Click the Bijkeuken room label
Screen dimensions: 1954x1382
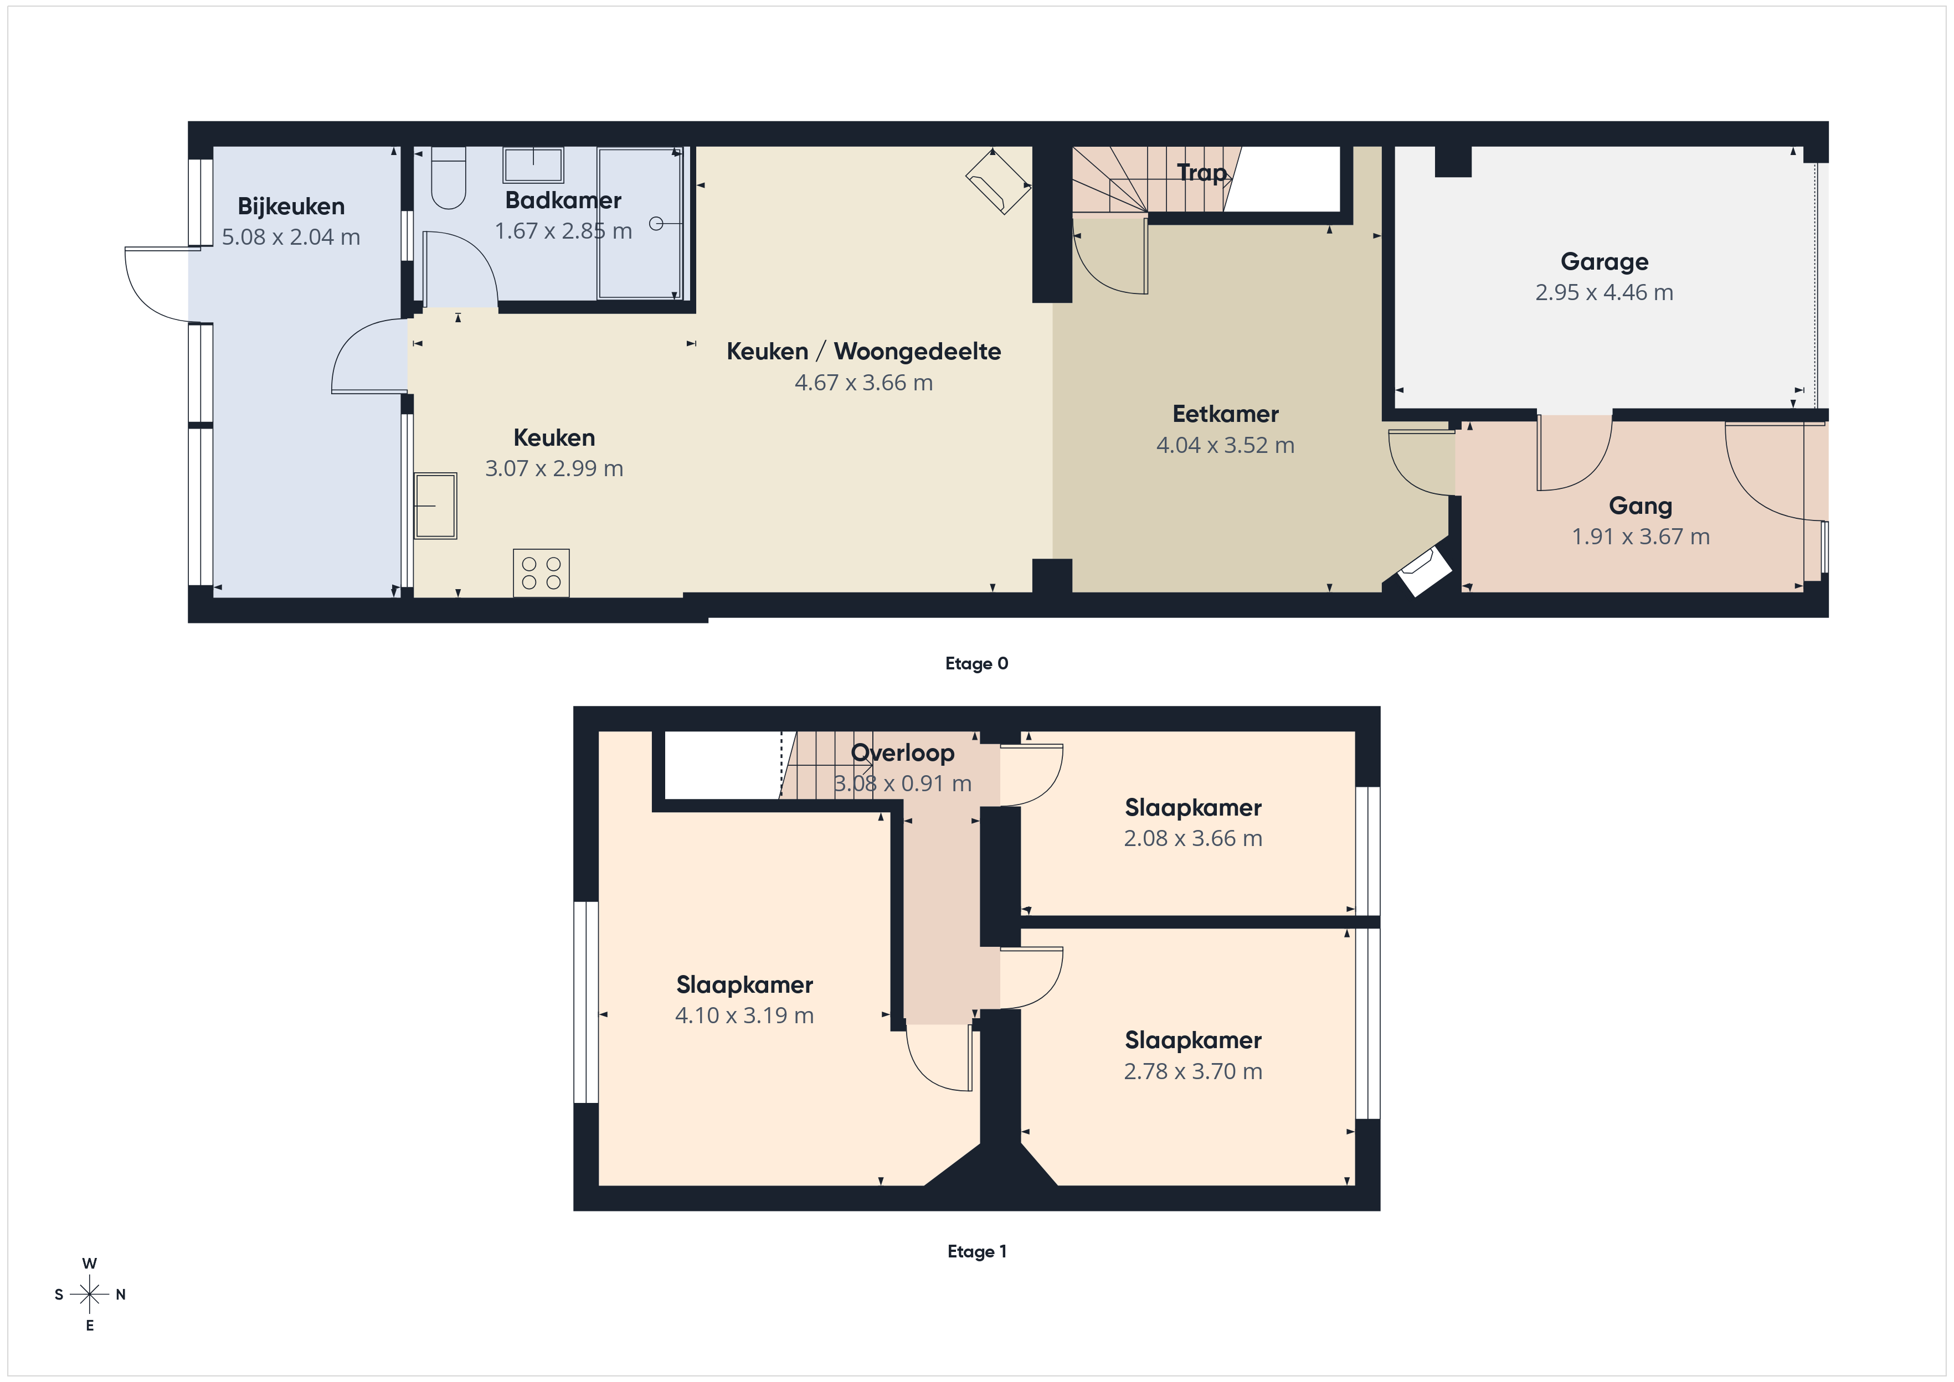[x=291, y=207]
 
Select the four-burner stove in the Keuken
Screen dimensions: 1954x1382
[x=541, y=573]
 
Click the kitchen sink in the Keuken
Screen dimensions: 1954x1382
[x=436, y=506]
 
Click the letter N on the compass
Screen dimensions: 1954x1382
[x=121, y=1295]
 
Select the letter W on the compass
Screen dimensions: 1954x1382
[x=89, y=1264]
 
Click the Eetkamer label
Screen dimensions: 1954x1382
[x=1226, y=414]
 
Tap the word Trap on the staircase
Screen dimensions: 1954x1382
[x=1202, y=173]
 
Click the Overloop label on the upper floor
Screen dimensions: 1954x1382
[x=903, y=753]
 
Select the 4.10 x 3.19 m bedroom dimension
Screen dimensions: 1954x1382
[x=745, y=1016]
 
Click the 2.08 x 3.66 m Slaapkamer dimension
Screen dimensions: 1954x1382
[x=1193, y=839]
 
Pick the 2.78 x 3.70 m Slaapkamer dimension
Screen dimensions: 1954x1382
[x=1193, y=1071]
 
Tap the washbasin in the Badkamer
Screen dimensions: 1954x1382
[x=533, y=165]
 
